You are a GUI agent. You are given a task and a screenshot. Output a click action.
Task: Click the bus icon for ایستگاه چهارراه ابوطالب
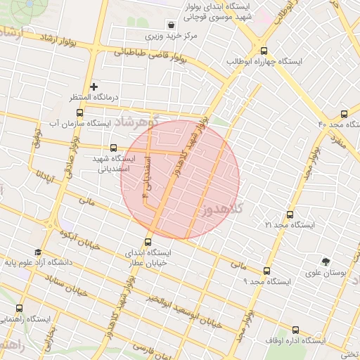point(264,51)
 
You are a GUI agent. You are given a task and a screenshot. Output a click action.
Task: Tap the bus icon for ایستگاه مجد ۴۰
point(344,114)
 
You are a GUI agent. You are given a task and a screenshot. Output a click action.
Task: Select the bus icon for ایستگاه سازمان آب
point(79,112)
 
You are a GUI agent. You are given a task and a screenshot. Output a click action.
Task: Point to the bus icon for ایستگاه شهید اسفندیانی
point(113,148)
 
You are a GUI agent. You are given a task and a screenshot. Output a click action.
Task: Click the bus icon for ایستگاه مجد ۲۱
point(290,214)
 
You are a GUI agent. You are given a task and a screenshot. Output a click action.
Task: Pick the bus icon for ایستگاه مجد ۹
point(266,271)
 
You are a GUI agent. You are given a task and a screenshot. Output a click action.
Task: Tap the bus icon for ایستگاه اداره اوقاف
point(294,330)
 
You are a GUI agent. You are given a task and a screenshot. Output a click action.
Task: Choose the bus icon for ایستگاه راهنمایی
point(19,309)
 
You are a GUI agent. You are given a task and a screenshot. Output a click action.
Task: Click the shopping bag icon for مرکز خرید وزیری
point(172,24)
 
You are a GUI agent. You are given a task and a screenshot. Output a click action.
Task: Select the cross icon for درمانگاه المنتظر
point(94,86)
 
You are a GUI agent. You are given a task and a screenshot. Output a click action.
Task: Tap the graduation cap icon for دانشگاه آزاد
point(37,252)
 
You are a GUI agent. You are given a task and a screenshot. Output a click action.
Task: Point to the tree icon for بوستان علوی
point(325,261)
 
